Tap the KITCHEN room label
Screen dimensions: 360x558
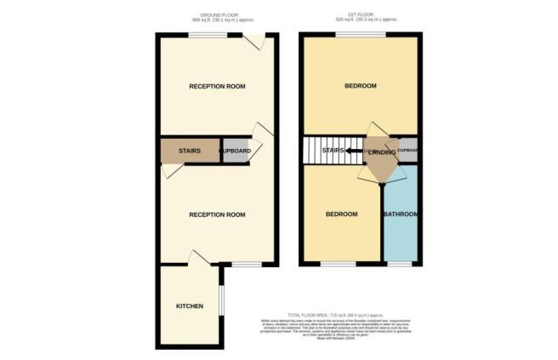click(x=189, y=306)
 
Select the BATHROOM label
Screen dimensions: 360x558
click(x=401, y=214)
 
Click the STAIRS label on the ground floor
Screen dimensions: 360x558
click(x=189, y=151)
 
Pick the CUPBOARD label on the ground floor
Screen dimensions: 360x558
click(x=236, y=151)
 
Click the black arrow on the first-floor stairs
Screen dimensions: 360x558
click(x=350, y=151)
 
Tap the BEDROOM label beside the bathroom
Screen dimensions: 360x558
click(x=342, y=214)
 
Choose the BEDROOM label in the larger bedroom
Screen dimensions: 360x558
click(x=362, y=87)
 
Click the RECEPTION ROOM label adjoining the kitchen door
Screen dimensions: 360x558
click(x=217, y=214)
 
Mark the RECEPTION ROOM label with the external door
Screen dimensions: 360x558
click(x=217, y=87)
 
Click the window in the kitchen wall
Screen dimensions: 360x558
click(x=222, y=305)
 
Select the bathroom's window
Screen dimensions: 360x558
click(x=400, y=264)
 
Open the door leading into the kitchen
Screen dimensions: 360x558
click(x=201, y=258)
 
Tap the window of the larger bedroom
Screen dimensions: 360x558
click(x=360, y=34)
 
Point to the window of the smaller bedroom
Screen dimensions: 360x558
click(x=338, y=264)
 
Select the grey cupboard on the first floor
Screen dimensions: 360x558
click(x=407, y=150)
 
